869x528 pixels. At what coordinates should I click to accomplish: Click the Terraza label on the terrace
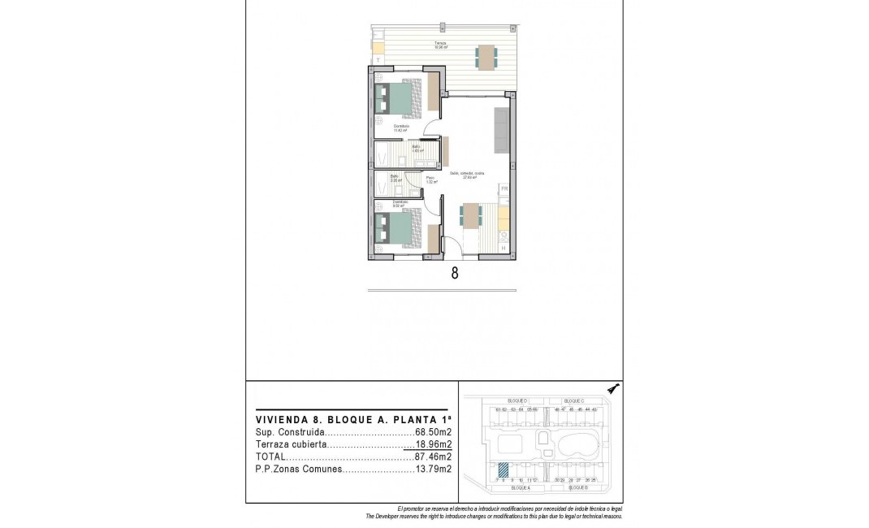point(439,43)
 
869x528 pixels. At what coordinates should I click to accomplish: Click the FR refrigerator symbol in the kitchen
point(504,190)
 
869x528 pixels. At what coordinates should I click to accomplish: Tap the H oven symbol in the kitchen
point(504,248)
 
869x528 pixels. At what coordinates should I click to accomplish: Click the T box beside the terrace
point(378,60)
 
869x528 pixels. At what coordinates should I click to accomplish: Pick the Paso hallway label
point(430,179)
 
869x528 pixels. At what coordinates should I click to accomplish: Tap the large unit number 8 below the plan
point(454,274)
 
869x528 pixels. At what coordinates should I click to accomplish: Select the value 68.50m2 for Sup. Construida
point(433,433)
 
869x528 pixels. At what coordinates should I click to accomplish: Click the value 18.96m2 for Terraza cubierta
point(433,445)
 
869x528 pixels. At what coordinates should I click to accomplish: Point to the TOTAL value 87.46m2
point(433,457)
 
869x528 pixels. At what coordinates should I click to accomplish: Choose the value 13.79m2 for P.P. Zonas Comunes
point(433,470)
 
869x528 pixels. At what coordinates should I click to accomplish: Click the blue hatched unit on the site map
point(504,469)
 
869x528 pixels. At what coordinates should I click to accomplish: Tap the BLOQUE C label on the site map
point(574,401)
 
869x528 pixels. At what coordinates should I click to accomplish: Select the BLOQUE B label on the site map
point(578,489)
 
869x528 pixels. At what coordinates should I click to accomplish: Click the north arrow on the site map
point(615,388)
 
